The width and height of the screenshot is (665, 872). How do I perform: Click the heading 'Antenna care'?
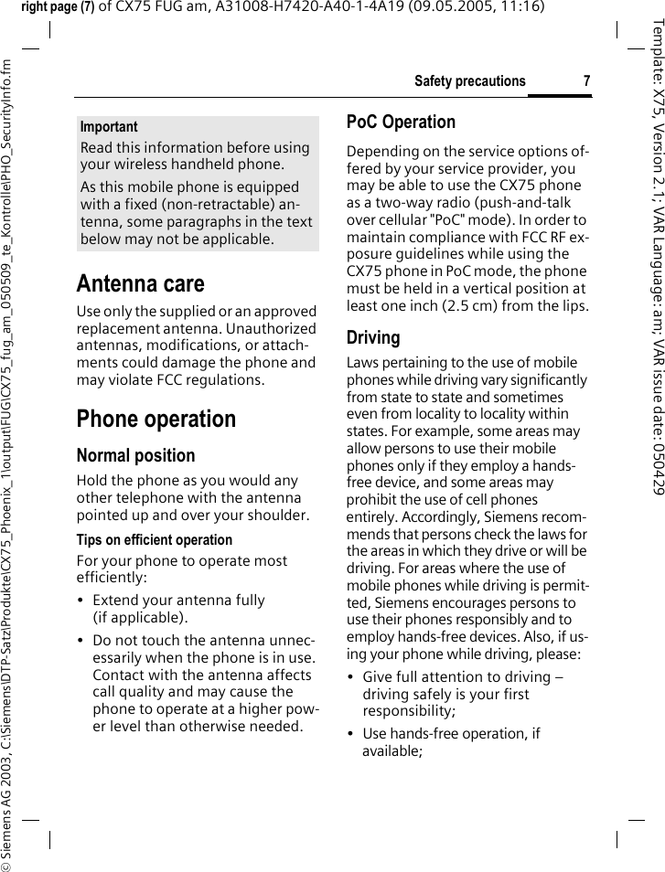pos(140,283)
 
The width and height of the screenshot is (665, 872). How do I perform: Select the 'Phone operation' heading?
pos(156,420)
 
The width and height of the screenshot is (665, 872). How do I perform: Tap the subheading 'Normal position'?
pos(135,455)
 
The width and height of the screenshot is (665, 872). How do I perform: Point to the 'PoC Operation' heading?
pos(401,122)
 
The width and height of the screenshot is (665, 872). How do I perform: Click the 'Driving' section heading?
pos(373,338)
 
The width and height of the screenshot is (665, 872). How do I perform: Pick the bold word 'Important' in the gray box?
pos(109,127)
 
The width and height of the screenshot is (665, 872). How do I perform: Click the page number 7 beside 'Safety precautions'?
pos(586,81)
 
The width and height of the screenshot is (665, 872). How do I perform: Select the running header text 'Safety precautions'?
pos(470,81)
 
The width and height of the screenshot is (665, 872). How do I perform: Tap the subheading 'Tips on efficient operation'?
pos(155,540)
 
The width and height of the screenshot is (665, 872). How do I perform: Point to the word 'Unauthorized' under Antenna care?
pos(274,328)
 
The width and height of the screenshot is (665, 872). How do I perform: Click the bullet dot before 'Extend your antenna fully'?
pos(82,601)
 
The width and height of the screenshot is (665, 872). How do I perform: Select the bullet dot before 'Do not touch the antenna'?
pos(82,641)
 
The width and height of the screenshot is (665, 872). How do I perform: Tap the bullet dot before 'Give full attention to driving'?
pos(352,677)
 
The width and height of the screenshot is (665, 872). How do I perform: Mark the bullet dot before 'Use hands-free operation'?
pos(352,734)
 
